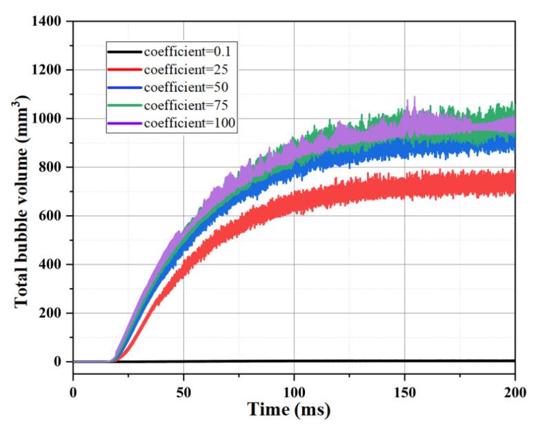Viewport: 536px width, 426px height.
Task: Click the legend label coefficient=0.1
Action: pos(184,52)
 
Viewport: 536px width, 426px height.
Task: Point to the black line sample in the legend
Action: pos(124,52)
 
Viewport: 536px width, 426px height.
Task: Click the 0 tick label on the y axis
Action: pos(59,362)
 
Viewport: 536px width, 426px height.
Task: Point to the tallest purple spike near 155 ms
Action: pos(415,99)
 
